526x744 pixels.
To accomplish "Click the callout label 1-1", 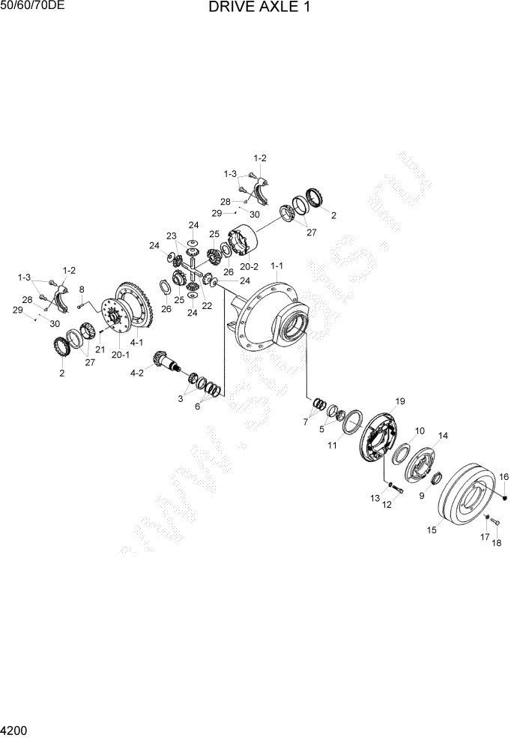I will pyautogui.click(x=276, y=266).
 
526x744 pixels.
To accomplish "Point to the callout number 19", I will pyautogui.click(x=399, y=400).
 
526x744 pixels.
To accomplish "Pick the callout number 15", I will pyautogui.click(x=432, y=530).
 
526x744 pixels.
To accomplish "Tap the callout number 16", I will pyautogui.click(x=504, y=476).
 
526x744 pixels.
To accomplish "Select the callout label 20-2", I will pyautogui.click(x=248, y=266).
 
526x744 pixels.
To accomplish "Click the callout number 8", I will pyautogui.click(x=82, y=289).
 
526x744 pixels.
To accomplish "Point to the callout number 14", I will pyautogui.click(x=443, y=436).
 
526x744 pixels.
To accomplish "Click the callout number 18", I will pyautogui.click(x=495, y=543).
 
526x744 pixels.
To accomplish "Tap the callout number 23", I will pyautogui.click(x=171, y=236).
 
